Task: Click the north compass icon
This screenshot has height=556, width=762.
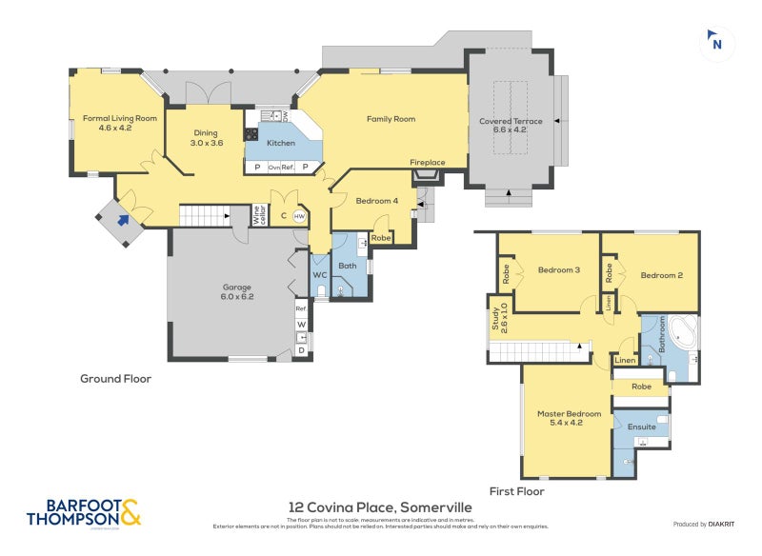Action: tap(716, 41)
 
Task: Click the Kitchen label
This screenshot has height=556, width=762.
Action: tap(280, 143)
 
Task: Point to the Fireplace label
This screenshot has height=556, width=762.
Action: tap(428, 163)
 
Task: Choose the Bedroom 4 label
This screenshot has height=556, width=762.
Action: tap(377, 201)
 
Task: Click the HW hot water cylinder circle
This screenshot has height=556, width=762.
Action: tap(299, 217)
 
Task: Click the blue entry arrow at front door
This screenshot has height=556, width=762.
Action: tap(122, 221)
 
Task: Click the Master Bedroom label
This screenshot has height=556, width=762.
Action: tap(569, 418)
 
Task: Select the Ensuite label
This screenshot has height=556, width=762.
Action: tap(641, 427)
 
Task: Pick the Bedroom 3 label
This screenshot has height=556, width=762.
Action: tap(559, 269)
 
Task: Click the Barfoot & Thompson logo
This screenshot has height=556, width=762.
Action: tap(84, 512)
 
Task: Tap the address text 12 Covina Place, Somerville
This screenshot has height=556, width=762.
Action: tap(380, 507)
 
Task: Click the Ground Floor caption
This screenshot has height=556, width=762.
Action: tap(115, 378)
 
